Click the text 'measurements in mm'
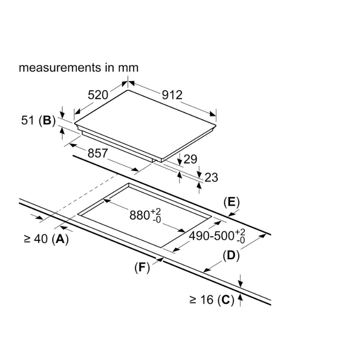79,67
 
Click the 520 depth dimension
98,95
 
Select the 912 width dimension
172,95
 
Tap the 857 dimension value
98,153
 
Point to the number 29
191,159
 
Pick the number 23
211,177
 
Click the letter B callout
47,120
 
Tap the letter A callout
60,239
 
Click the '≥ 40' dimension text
36,239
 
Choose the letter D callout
230,256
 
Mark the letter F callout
142,267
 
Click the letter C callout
226,300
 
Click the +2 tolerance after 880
156,211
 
